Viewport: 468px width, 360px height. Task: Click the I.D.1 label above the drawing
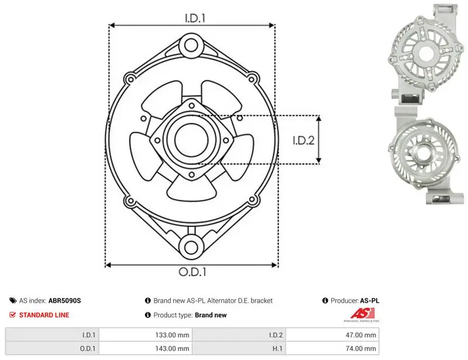coord(195,18)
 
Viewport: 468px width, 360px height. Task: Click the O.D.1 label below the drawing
coord(192,272)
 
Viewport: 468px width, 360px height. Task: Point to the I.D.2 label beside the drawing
coord(303,140)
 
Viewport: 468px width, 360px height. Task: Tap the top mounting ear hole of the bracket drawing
coord(191,46)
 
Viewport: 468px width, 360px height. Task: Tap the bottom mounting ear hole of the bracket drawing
coord(191,247)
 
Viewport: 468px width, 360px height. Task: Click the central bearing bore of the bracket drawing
coord(191,140)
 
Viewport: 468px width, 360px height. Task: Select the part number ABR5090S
coord(64,300)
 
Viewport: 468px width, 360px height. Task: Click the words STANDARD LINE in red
coord(44,315)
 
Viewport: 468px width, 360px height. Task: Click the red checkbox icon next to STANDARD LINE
coord(12,314)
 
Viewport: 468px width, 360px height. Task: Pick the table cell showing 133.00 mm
coord(146,335)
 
